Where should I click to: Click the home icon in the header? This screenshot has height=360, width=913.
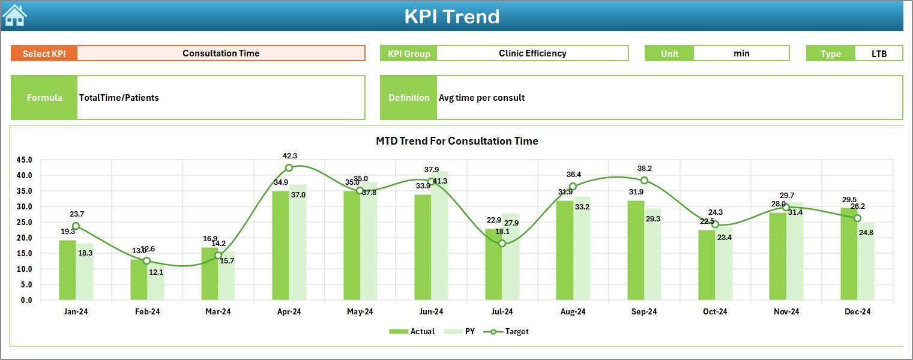point(14,16)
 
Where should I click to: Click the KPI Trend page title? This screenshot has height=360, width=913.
point(451,16)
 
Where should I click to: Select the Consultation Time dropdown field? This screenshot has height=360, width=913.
point(221,53)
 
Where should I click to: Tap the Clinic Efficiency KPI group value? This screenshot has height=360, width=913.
point(532,53)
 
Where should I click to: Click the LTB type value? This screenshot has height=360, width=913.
point(879,53)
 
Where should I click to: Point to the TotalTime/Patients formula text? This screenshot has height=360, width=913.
point(119,97)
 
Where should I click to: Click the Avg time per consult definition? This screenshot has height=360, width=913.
point(481,97)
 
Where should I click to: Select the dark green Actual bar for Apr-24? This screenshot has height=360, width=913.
point(280,245)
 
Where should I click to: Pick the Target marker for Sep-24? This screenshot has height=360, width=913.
point(644,181)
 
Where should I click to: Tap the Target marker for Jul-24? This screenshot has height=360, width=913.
point(502,243)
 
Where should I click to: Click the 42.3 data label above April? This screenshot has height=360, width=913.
point(289,156)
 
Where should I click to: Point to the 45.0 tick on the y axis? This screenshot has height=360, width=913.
point(25,160)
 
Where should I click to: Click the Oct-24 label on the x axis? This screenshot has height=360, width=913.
point(715,312)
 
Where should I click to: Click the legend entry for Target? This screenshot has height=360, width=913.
point(510,331)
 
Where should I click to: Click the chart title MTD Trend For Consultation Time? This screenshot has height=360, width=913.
point(457,141)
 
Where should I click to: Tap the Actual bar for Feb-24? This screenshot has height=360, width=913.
point(138,280)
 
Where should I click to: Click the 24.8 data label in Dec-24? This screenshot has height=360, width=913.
point(866,233)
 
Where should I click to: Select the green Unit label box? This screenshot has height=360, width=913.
point(669,53)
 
